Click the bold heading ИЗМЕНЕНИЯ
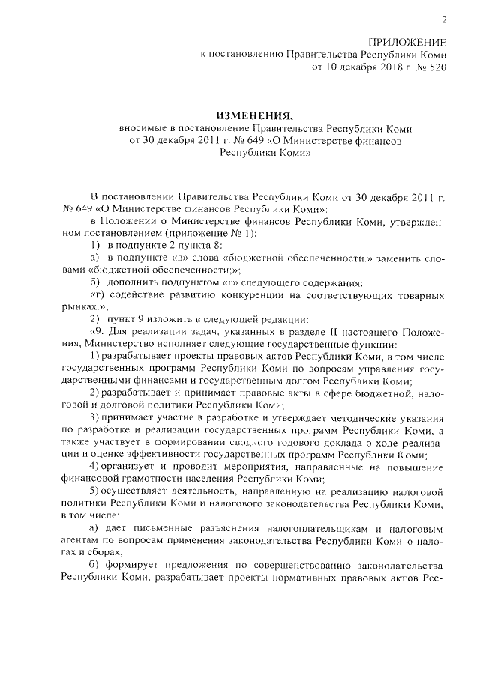click(253, 115)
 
